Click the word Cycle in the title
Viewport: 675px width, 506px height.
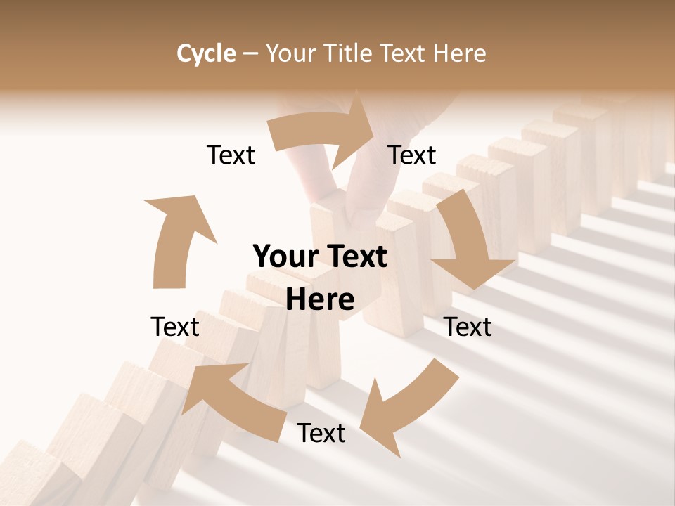[206, 53]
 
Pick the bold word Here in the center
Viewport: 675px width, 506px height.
[320, 300]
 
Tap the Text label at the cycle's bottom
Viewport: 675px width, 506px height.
[321, 434]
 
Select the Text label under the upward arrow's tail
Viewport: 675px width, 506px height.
[175, 327]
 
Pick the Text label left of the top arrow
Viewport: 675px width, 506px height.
[231, 155]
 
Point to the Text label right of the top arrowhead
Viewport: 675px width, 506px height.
[412, 155]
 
